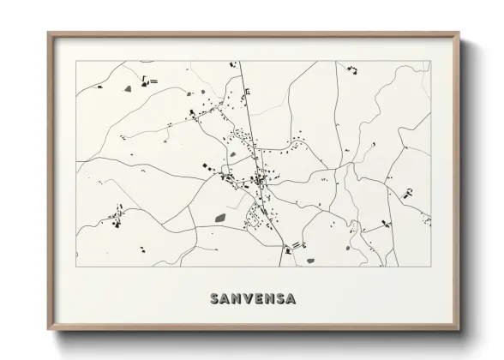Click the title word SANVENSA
pos(253,299)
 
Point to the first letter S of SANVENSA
pos(214,299)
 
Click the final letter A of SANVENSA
pos(291,299)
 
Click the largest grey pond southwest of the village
pos(220,218)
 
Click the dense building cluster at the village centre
pos(258,180)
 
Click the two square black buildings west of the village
pos(206,165)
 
